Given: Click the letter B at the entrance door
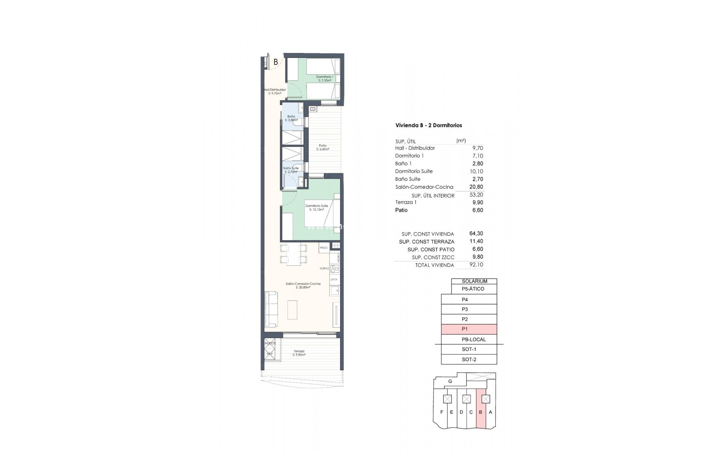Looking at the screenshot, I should tap(276, 62).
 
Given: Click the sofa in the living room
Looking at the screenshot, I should tap(271, 310).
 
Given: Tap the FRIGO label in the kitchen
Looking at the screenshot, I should tap(324, 248).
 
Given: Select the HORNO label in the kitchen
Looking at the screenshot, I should tap(324, 268).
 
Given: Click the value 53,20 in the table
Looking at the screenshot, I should tap(476, 195).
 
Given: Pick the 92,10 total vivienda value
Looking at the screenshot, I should tap(476, 265).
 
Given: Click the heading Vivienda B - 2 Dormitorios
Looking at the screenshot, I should tap(429, 125).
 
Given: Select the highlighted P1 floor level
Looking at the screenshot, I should tap(469, 329).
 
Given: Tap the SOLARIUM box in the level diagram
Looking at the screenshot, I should tap(474, 281).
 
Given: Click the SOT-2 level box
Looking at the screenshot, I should tap(469, 359).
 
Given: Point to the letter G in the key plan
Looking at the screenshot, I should tap(450, 382).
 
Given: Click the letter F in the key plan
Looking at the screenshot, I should tap(442, 412).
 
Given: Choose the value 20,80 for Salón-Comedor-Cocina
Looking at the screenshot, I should tap(476, 187).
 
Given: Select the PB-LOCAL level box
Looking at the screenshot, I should tap(469, 339).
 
